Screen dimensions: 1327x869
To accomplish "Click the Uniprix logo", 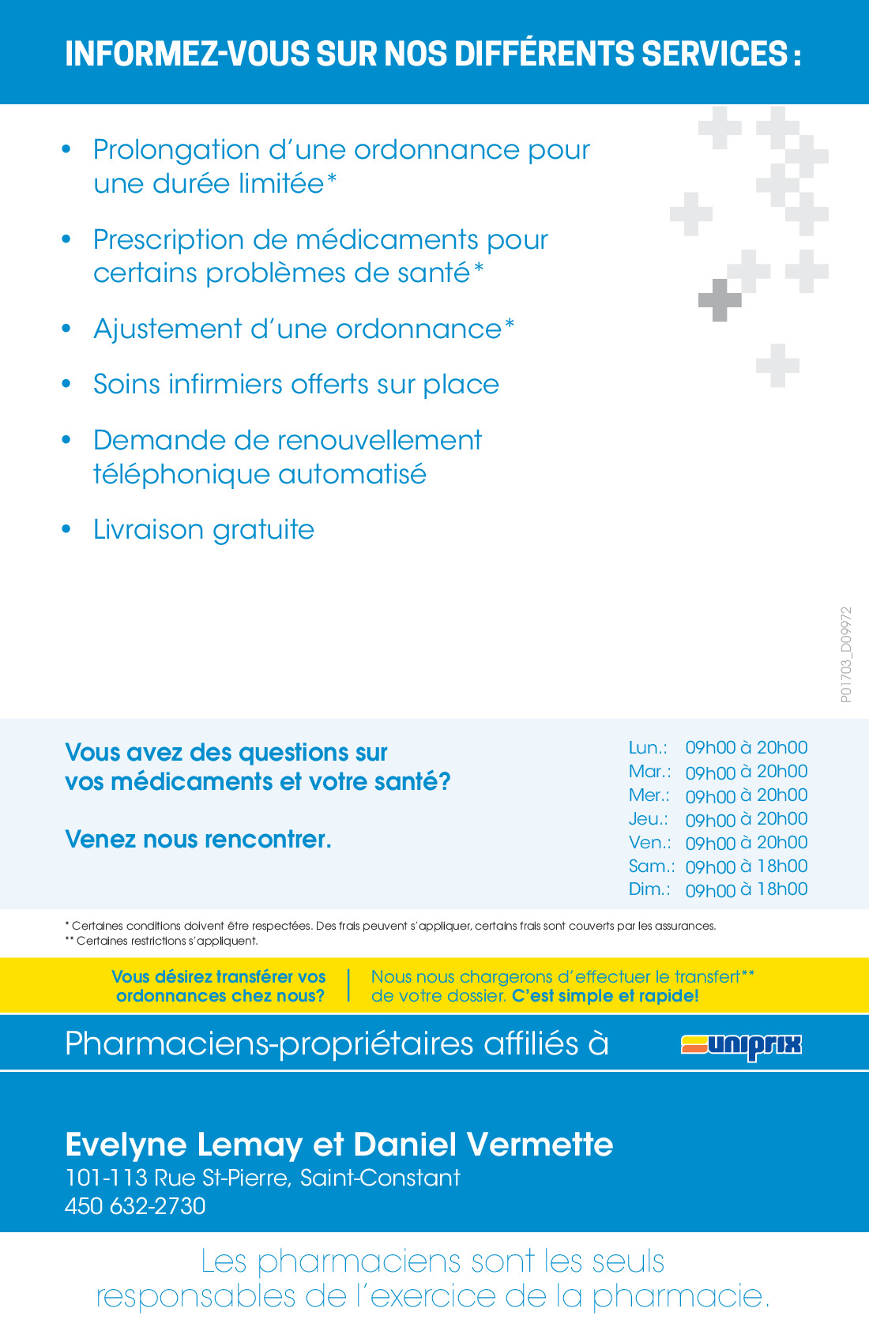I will (x=741, y=1046).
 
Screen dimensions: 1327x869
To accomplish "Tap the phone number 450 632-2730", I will (x=135, y=1206).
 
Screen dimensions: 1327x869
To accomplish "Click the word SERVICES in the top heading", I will (x=714, y=55).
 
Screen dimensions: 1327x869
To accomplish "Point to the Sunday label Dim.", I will (x=649, y=889).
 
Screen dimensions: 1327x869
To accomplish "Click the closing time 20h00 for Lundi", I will (x=782, y=747).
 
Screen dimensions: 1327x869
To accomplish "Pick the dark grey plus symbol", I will (x=720, y=300).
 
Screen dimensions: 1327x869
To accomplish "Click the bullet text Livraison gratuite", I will (x=204, y=529).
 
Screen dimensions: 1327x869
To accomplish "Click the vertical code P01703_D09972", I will (x=846, y=655).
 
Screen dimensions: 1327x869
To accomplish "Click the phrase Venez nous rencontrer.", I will (x=198, y=839).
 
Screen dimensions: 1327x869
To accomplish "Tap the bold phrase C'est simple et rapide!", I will (x=605, y=995).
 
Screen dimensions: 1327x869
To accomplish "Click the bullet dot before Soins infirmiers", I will (x=66, y=385).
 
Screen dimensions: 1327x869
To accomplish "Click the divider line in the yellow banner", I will (x=348, y=986).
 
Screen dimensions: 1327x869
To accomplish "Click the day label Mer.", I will (x=649, y=795).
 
